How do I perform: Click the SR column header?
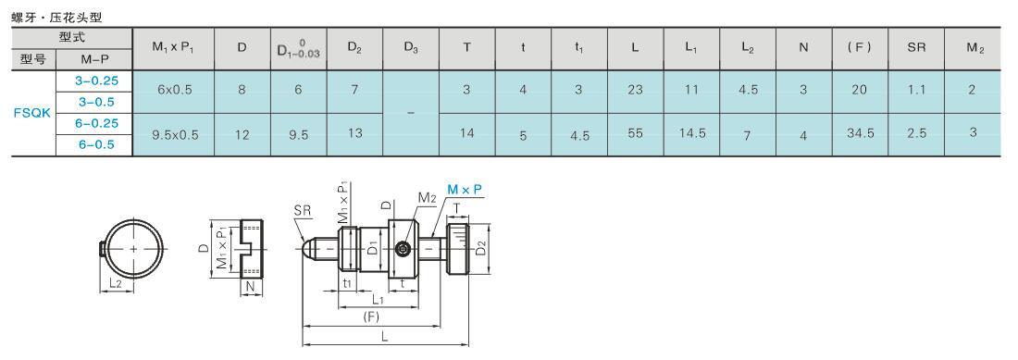916,47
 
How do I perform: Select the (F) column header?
860,47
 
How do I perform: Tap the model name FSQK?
32,113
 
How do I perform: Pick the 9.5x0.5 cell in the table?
175,135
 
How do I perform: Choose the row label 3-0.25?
95,81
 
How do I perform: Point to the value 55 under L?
637,133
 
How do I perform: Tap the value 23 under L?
635,90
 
